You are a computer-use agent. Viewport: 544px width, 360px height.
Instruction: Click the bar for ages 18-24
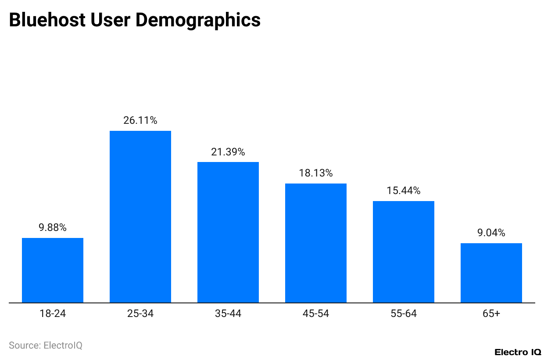53,270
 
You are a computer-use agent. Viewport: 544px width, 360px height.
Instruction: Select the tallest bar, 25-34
140,217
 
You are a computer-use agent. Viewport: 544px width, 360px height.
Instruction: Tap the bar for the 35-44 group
228,232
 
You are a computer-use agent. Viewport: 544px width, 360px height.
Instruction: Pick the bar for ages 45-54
316,243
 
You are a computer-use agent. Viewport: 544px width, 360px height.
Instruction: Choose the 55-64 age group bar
404,252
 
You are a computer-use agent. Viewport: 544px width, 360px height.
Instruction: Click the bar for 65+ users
491,273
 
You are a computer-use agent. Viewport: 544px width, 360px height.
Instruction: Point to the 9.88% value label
53,227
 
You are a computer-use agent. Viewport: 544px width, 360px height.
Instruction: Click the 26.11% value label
140,120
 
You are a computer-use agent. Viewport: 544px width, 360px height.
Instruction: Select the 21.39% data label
228,152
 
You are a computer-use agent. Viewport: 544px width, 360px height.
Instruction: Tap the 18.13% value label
316,173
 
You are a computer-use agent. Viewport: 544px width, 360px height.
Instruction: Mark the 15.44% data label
404,191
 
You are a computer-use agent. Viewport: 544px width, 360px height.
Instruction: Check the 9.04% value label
491,233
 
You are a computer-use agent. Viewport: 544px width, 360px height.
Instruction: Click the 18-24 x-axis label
53,313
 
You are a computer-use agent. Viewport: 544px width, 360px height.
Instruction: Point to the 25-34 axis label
140,313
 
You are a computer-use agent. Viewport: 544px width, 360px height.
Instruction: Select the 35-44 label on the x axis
228,313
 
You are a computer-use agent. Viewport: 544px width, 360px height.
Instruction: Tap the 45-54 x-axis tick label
316,313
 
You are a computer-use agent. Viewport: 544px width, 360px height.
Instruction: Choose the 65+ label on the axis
491,313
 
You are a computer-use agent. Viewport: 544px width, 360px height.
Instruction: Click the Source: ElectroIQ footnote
46,346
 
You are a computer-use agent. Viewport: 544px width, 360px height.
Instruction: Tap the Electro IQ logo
518,352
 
